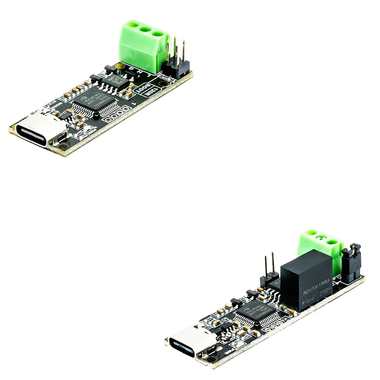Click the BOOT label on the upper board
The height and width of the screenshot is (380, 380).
[x=142, y=88]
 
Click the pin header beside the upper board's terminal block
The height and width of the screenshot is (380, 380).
[x=179, y=59]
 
